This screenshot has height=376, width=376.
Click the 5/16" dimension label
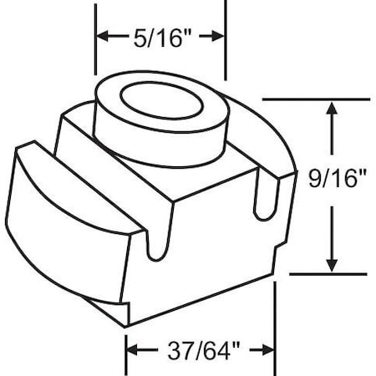click(x=160, y=38)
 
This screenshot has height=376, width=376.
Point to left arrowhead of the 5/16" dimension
click(x=102, y=36)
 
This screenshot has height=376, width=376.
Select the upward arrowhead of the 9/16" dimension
click(x=333, y=110)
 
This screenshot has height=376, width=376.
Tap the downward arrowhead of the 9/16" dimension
click(x=333, y=264)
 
